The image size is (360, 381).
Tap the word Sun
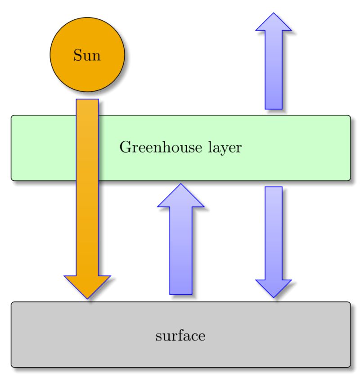87,56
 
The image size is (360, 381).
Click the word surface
180,336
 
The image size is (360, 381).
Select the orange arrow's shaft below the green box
87,225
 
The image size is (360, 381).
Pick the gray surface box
270,342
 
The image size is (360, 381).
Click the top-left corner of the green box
12,117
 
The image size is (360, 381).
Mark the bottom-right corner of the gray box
349,366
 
